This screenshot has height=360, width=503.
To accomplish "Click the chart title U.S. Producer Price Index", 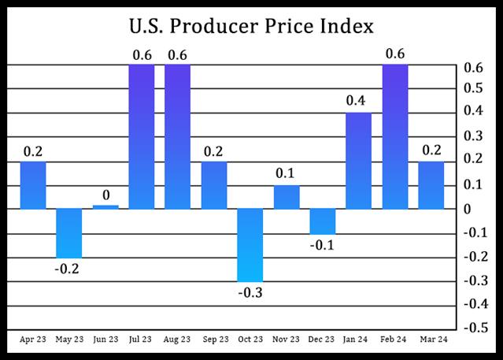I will [251, 27].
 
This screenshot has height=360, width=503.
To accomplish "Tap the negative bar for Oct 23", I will [250, 245].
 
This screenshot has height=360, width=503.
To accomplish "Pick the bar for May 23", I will [69, 233].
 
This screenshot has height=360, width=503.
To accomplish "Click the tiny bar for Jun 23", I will [105, 207].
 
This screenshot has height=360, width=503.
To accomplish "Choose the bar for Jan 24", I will [359, 161].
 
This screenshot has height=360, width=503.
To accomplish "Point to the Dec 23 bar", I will [323, 221].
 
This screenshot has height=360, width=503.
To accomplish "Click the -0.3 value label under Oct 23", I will [250, 293].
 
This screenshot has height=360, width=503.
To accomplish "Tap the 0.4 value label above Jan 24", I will [359, 101].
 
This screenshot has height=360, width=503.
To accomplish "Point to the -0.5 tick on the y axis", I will [472, 328].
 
